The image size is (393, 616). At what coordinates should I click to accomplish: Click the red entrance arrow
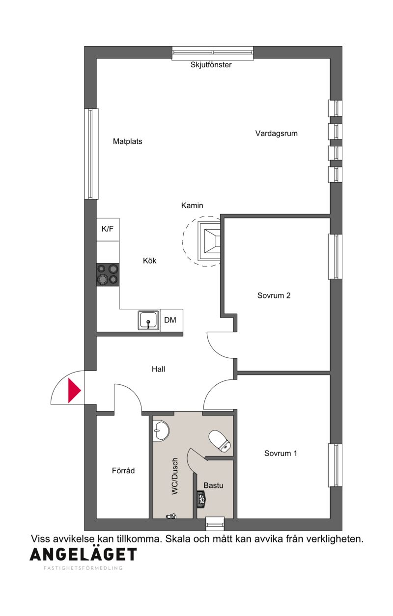pos(74,391)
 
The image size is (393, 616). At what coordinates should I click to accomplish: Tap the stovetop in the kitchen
pos(108,274)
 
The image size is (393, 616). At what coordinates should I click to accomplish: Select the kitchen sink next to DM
pos(149,320)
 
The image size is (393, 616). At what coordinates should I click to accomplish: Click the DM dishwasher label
pos(170,320)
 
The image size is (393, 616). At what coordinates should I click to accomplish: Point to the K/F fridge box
pos(108,230)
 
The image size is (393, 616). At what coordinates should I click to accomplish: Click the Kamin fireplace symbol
pos(210,241)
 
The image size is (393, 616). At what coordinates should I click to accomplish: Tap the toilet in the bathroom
pos(220,441)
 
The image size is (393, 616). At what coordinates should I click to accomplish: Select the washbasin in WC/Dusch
pos(161,431)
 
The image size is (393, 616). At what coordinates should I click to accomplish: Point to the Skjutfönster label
pos(211,65)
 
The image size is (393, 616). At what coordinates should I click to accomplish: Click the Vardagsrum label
pos(276,134)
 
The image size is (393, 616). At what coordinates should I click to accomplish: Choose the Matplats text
pos(127,141)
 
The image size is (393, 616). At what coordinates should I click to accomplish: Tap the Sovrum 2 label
pos(274,295)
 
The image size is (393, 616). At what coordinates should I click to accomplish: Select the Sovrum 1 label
pos(281,453)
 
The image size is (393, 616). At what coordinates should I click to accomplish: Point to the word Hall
pos(158,369)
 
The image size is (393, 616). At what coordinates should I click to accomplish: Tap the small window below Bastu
pos(215,523)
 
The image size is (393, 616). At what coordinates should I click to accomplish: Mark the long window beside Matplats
pos(91,154)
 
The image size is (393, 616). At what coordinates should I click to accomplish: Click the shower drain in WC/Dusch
pos(171,517)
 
